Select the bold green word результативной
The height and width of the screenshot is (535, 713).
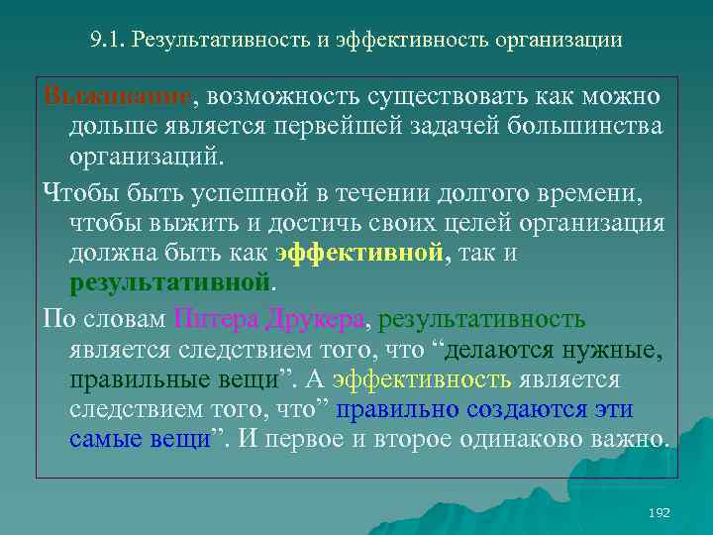(169, 284)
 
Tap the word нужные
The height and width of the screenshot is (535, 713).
(613, 350)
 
